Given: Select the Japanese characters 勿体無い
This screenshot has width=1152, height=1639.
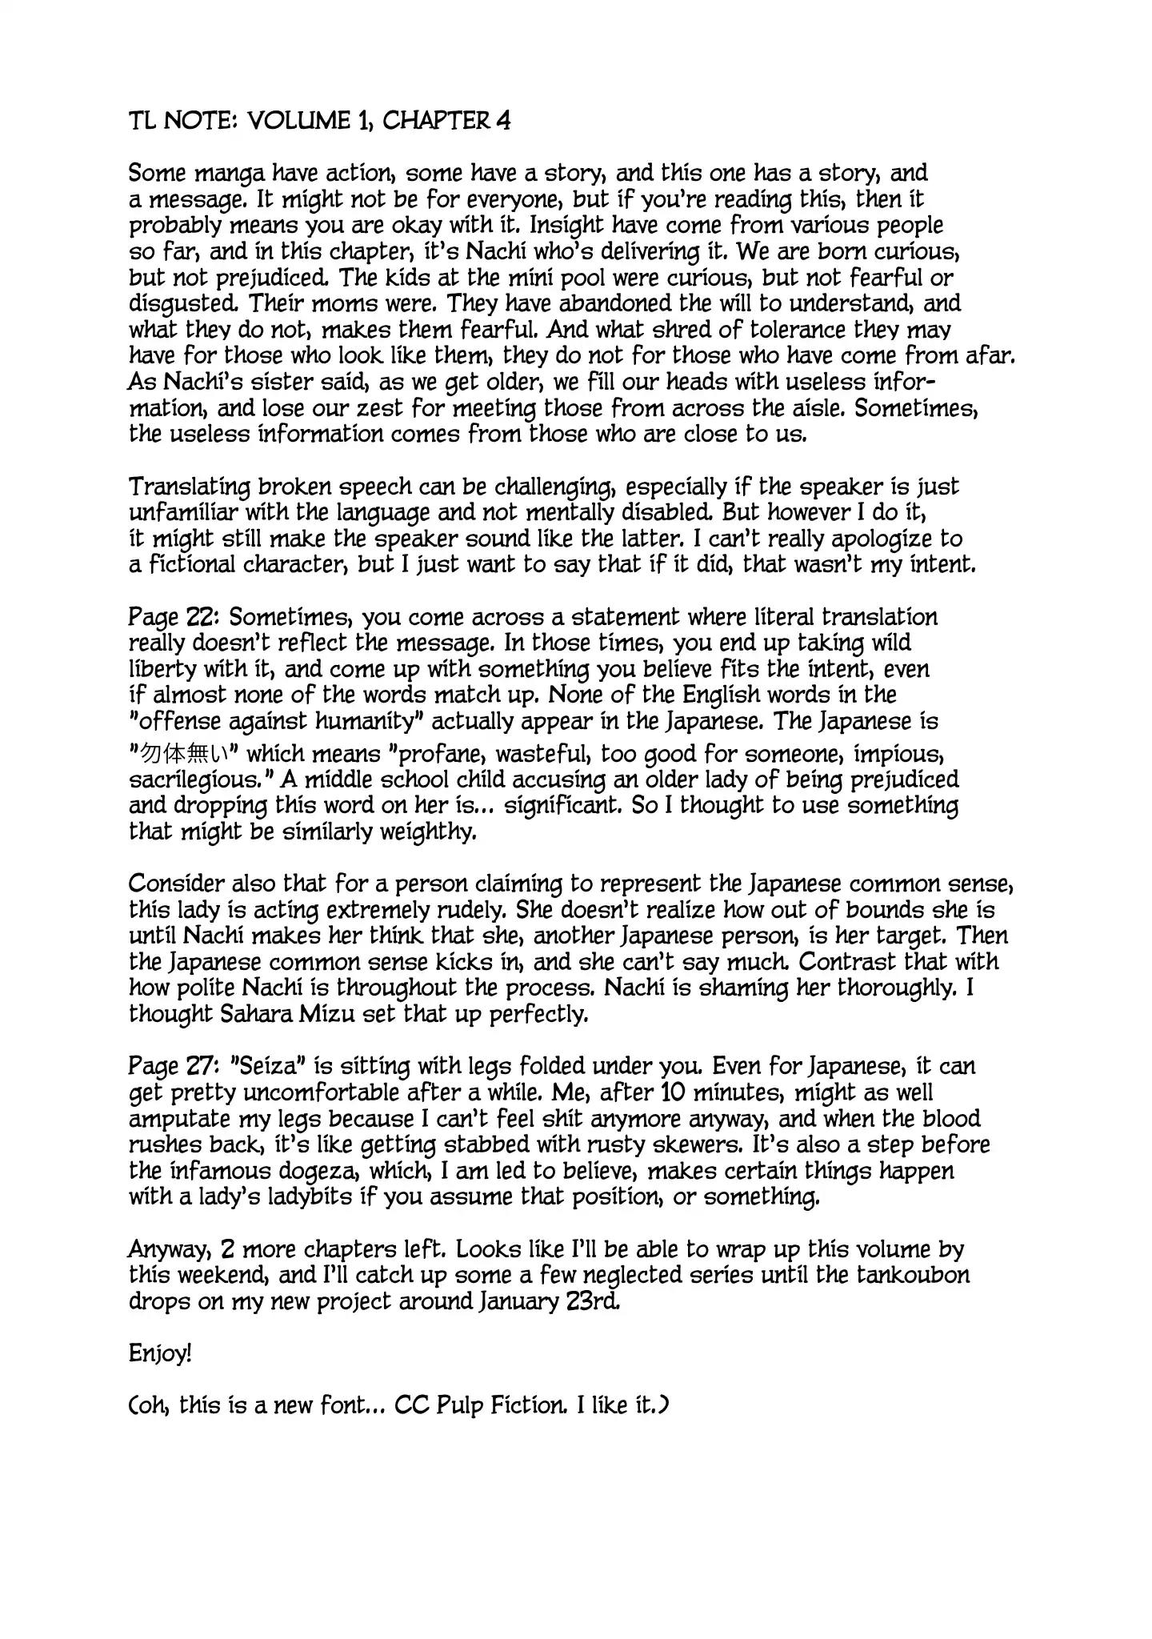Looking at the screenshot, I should (x=186, y=755).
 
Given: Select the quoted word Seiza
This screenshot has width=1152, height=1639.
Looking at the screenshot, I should (x=267, y=1067).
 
